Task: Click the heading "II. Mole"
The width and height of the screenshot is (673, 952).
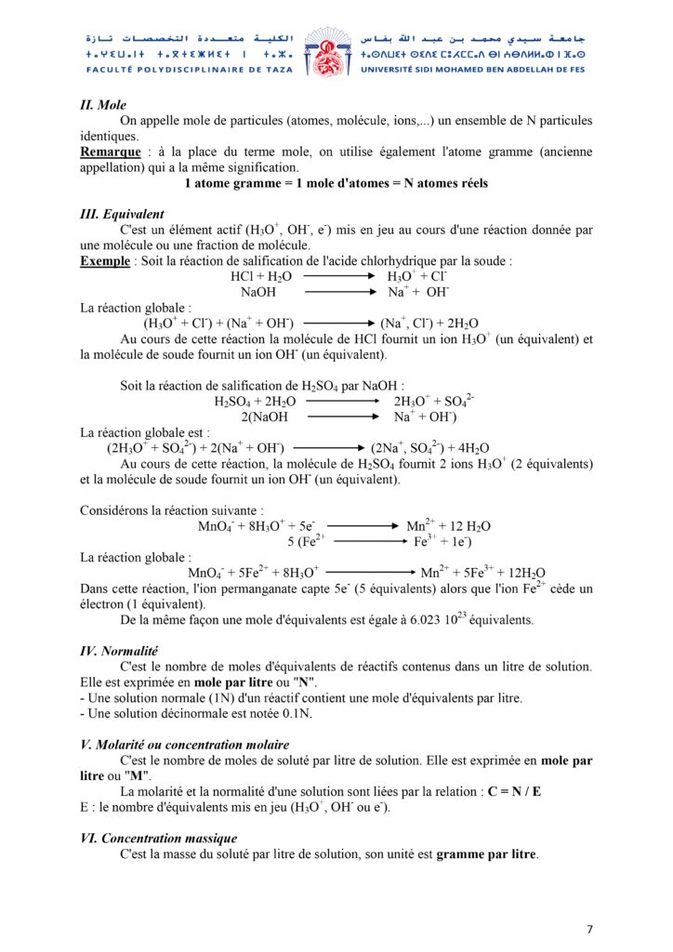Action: tap(103, 105)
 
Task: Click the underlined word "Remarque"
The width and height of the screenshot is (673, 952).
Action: tap(111, 152)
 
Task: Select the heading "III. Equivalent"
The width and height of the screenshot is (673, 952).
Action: tap(123, 214)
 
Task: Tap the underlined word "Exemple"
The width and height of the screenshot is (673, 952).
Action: tap(105, 261)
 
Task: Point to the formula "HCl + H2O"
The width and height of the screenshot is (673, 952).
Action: tap(261, 277)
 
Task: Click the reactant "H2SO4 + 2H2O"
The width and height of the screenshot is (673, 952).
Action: tap(255, 402)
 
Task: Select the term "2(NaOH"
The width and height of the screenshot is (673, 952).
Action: tap(264, 417)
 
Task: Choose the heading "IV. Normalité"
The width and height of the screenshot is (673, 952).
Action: tap(120, 652)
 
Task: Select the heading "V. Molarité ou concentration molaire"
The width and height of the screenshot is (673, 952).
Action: tap(185, 745)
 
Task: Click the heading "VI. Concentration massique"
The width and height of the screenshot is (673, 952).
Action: tap(159, 839)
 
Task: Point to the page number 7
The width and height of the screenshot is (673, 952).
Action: tap(589, 929)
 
